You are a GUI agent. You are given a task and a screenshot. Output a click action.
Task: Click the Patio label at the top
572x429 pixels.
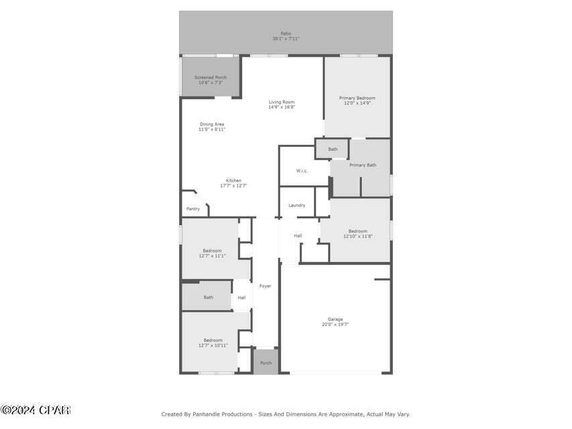286,34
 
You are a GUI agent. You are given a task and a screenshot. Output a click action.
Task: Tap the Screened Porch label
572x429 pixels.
211,78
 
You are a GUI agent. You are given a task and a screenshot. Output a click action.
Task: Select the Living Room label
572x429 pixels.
282,102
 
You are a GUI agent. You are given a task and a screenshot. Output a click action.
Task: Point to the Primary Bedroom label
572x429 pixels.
357,98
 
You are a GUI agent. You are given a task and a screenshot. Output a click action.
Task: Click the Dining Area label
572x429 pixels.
212,124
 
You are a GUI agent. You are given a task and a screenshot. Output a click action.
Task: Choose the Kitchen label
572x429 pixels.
233,180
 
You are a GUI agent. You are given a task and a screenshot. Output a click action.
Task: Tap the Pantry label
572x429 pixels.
193,209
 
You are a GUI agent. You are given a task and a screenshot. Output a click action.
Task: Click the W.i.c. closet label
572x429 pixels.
302,171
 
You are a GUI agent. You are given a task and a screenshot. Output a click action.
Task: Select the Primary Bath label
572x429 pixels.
363,165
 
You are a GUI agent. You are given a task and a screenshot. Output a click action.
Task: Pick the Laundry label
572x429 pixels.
297,205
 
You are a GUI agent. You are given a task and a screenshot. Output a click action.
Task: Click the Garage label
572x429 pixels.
335,319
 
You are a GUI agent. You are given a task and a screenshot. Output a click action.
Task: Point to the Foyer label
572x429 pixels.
266,286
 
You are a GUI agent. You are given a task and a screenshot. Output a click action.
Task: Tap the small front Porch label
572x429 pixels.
266,363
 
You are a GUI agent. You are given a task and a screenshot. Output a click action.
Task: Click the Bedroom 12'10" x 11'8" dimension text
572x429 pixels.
357,236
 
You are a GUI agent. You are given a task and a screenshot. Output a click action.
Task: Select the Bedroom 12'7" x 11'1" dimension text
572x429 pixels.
212,256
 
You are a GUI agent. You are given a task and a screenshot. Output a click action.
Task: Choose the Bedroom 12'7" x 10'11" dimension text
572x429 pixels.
213,345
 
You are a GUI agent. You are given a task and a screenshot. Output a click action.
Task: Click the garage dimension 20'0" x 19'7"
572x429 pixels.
335,324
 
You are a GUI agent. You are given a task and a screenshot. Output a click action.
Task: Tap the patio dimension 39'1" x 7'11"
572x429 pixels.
286,39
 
